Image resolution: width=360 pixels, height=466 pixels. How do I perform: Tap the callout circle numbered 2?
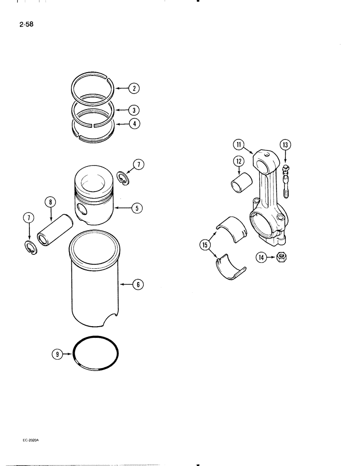(133, 88)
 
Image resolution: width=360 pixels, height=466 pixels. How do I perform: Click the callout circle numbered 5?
(137, 208)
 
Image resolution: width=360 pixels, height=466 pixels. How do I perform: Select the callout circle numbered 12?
(238, 161)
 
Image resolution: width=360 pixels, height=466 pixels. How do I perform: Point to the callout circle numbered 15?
(204, 244)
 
